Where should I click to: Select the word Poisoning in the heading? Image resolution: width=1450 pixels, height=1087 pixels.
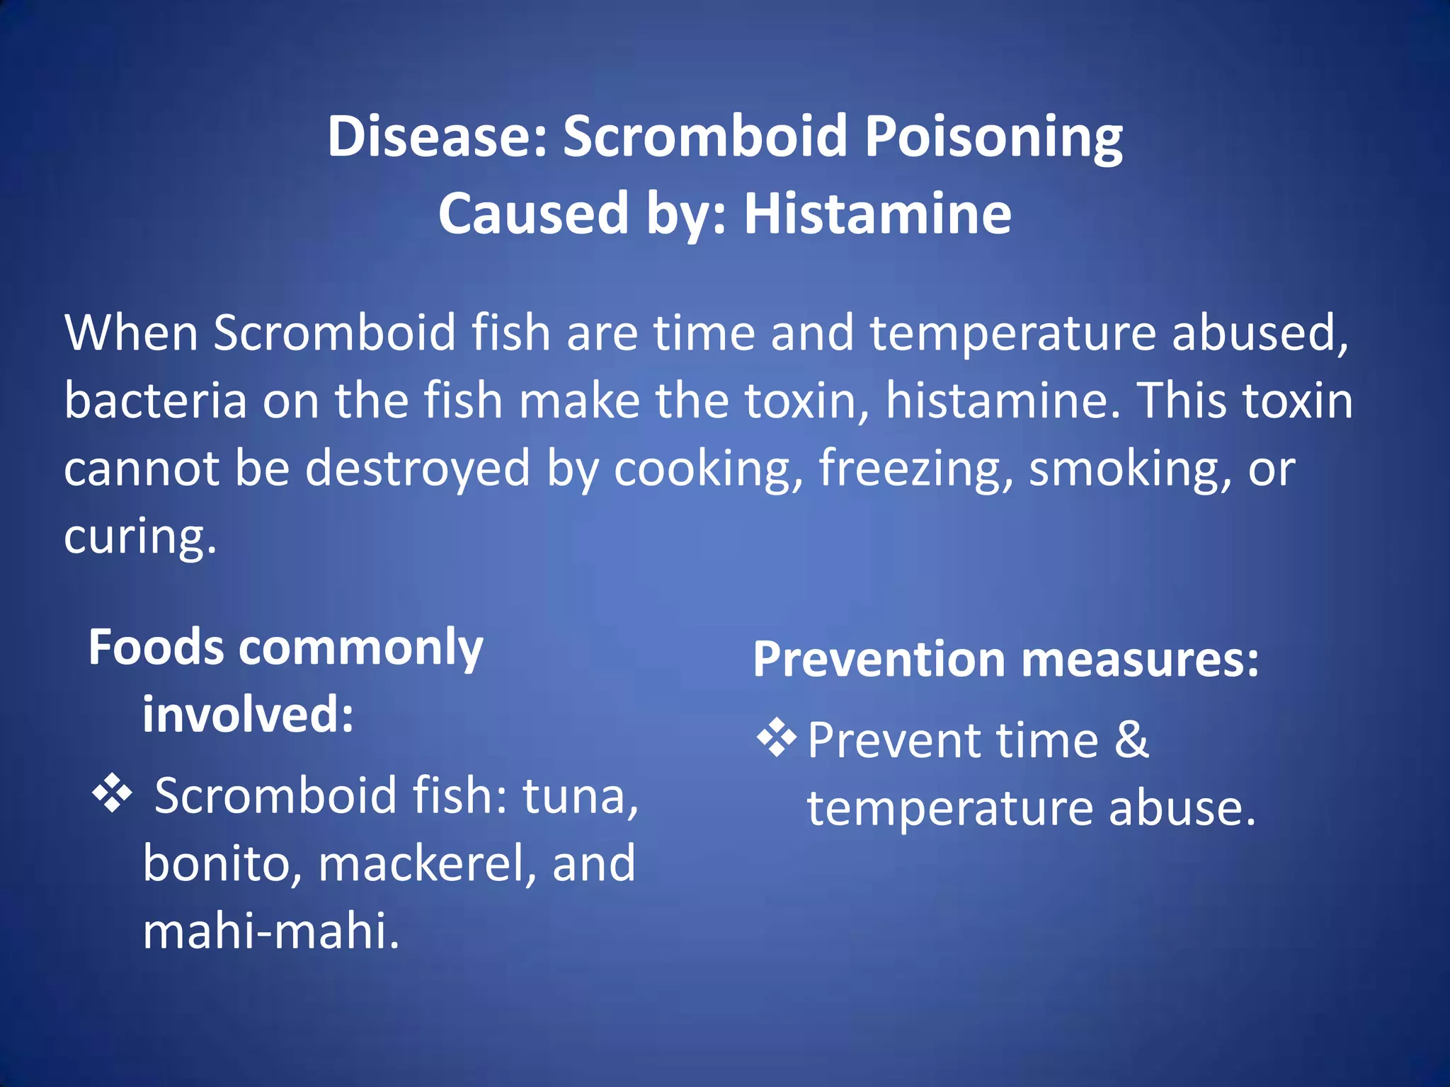993,137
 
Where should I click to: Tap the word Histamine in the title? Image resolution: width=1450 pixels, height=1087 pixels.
877,214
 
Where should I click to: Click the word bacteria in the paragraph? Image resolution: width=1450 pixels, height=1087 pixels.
155,401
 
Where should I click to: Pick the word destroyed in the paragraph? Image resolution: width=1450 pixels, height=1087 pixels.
417,469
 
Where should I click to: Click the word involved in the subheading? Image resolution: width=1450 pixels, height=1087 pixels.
248,715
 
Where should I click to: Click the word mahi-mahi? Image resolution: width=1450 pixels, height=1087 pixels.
271,931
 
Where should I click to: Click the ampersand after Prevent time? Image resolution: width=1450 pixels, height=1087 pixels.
1131,740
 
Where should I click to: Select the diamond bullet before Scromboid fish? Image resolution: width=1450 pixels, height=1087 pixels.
112,794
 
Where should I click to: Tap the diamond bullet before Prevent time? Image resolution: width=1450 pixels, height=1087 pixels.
777,737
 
